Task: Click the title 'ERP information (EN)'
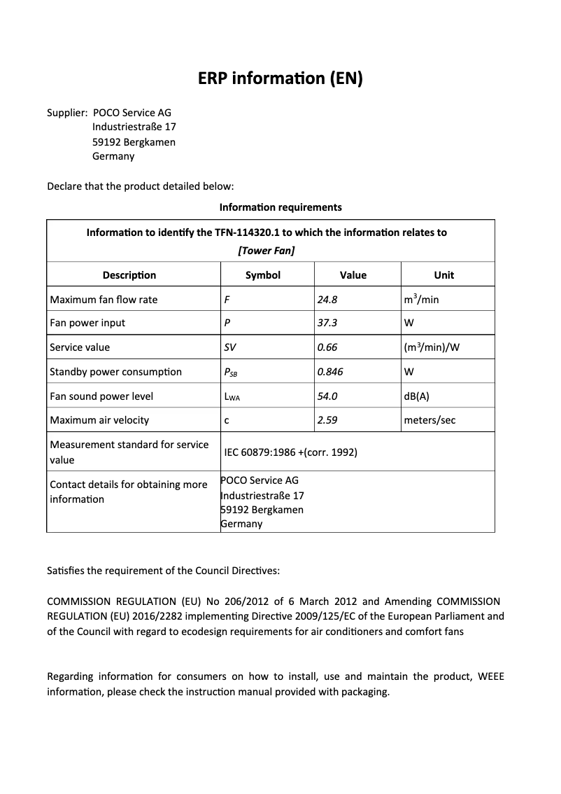coord(280,79)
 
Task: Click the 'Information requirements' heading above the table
coord(280,207)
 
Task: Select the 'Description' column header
coord(129,275)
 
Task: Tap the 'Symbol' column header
coord(263,275)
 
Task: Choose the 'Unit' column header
coord(443,275)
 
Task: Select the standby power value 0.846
coord(330,372)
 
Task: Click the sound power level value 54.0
coord(327,396)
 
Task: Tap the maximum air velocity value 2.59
coord(327,420)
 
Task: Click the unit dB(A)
coord(417,396)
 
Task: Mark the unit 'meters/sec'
coord(429,420)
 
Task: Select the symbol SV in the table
coord(230,347)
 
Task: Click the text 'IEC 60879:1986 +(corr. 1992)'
coord(290,452)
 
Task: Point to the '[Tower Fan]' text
coord(266,251)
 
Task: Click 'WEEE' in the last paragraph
coord(490,676)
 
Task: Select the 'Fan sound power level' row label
coord(101,396)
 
